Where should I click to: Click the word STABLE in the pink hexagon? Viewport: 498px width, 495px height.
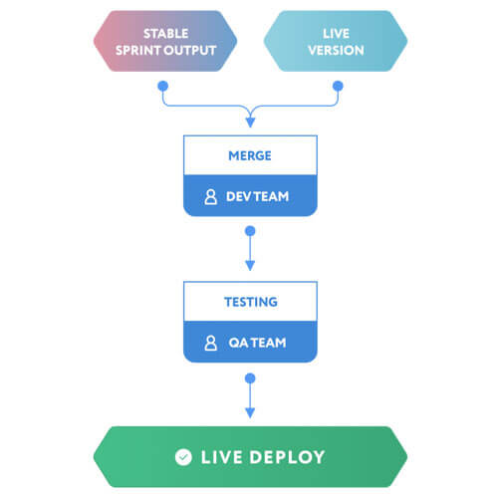click(166, 34)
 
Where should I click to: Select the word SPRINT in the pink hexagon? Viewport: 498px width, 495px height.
click(139, 51)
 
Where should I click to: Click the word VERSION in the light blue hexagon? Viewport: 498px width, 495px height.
click(336, 51)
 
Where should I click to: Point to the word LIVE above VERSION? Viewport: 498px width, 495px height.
click(336, 34)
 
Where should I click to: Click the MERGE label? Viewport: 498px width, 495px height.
click(250, 155)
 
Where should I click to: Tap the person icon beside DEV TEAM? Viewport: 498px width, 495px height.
click(210, 197)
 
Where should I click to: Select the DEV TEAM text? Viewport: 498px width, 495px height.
click(257, 196)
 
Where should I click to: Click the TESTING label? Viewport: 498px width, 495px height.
click(251, 302)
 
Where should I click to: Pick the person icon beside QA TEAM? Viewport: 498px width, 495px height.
click(210, 343)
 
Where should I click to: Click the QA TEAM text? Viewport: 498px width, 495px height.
click(257, 343)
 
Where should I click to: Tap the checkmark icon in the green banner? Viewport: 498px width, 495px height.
click(183, 457)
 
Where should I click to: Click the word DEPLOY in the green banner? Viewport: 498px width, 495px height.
click(287, 457)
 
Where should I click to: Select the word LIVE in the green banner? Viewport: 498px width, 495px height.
click(222, 457)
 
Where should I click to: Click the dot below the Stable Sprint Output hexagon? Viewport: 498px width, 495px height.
click(162, 86)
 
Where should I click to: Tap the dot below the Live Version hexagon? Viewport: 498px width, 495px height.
click(338, 86)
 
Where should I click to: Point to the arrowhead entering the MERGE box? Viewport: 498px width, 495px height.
click(250, 123)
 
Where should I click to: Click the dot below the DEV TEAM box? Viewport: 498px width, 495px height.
click(250, 231)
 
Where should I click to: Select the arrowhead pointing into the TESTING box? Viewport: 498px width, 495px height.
click(250, 266)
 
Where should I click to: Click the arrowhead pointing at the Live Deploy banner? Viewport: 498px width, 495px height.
click(250, 412)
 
